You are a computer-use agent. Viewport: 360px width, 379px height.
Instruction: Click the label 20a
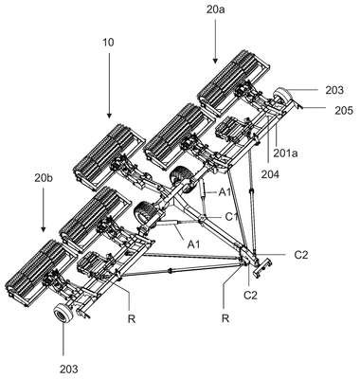pyautogui.click(x=216, y=9)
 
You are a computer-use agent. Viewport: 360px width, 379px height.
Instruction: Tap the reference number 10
pyautogui.click(x=108, y=43)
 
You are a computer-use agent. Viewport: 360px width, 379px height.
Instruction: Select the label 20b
pyautogui.click(x=44, y=178)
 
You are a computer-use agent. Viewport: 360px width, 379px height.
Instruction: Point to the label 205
pyautogui.click(x=344, y=110)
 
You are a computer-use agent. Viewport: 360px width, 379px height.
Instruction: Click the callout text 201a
pyautogui.click(x=285, y=153)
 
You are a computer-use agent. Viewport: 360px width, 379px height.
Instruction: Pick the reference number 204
pyautogui.click(x=270, y=174)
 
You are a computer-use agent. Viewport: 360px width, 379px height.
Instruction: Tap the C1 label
pyautogui.click(x=231, y=217)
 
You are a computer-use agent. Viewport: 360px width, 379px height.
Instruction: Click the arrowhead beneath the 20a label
pyautogui.click(x=215, y=60)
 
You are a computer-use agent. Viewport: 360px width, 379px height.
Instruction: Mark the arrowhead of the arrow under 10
pyautogui.click(x=109, y=115)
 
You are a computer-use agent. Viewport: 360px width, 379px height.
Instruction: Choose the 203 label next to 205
pyautogui.click(x=334, y=90)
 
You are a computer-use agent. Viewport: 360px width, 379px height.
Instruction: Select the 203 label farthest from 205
pyautogui.click(x=69, y=369)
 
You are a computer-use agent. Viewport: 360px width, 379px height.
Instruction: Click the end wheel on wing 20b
pyautogui.click(x=63, y=313)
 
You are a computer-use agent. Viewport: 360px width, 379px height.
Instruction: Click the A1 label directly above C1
pyautogui.click(x=225, y=192)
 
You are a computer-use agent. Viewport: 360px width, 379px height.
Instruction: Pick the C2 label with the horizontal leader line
pyautogui.click(x=300, y=255)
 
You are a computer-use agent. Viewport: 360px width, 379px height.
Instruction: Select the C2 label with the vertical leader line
pyautogui.click(x=250, y=296)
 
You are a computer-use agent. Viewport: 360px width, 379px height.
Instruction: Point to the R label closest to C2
pyautogui.click(x=225, y=318)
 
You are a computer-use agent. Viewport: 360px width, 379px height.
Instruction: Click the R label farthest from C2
pyautogui.click(x=132, y=319)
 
